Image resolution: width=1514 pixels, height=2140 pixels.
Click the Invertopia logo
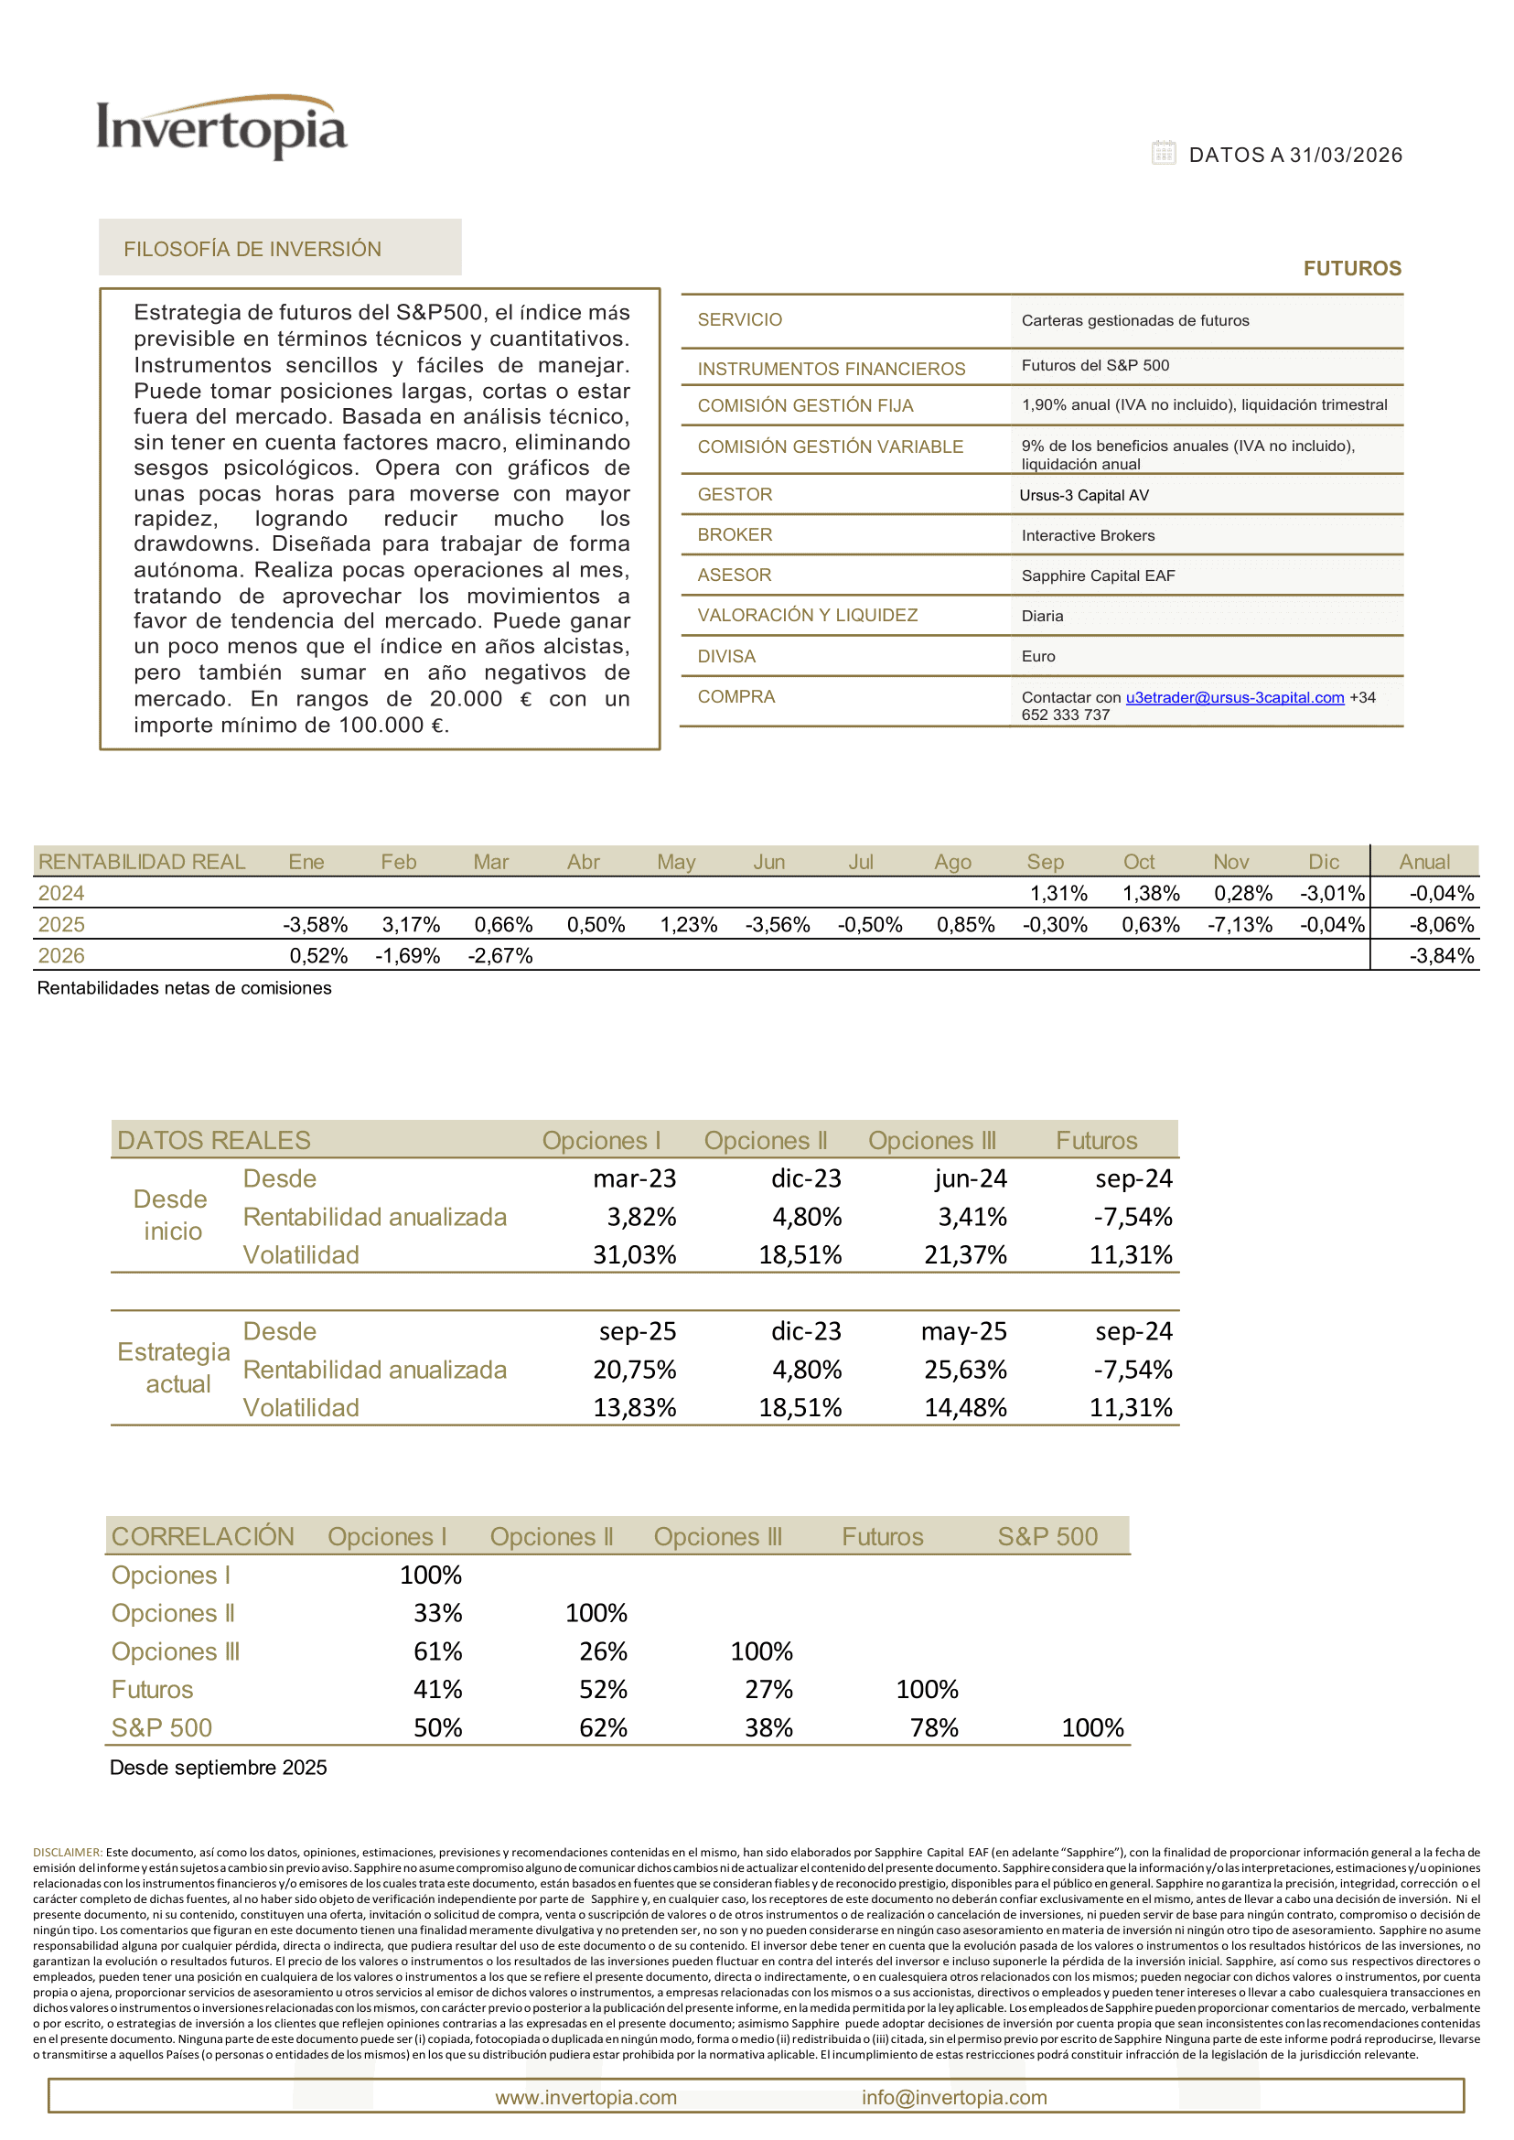(222, 128)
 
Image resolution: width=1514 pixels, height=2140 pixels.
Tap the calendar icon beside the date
(1163, 153)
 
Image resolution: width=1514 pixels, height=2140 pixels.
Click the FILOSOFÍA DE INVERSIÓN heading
(252, 249)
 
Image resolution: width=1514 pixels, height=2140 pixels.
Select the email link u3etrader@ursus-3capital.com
(1234, 697)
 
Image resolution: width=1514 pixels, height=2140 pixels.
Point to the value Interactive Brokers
(1087, 535)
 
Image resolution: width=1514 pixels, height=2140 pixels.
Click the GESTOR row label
(735, 494)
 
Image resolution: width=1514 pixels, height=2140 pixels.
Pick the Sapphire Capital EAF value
(1097, 575)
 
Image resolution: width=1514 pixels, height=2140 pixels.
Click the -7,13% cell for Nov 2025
(1240, 925)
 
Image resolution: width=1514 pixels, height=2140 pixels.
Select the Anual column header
(1423, 862)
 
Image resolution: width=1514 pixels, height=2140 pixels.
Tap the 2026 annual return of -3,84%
(1442, 956)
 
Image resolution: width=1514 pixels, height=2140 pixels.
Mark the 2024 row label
(61, 893)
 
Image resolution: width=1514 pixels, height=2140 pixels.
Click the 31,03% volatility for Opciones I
(634, 1255)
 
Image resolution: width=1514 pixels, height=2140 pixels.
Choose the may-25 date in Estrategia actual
(964, 1331)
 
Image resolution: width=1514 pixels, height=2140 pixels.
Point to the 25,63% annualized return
(965, 1370)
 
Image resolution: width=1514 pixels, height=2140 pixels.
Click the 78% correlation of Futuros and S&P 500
(934, 1728)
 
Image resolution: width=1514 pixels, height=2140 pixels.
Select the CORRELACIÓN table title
(202, 1537)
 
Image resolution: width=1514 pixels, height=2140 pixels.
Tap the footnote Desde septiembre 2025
(218, 1768)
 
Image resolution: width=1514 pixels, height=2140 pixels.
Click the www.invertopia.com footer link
(585, 2097)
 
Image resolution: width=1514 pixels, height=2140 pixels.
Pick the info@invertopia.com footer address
(954, 2097)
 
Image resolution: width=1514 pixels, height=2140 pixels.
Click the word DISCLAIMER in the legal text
(67, 1852)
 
